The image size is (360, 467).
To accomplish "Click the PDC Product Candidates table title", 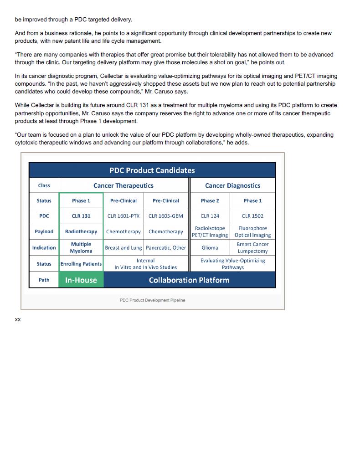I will pos(152,170).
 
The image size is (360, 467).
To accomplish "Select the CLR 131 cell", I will pos(81,216).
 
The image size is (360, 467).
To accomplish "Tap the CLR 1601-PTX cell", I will pos(123,216).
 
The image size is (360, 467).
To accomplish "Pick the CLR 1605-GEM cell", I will pos(166,216).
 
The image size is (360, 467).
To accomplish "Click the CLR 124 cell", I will pos(210,216).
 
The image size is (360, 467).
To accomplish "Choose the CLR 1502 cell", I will pos(252,216).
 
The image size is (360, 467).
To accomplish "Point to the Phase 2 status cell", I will pos(210,200).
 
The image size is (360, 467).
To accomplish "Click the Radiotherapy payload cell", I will pos(81,231).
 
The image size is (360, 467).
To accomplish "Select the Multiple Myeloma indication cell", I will pos(81,247).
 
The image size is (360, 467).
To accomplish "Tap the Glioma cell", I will pos(210,248).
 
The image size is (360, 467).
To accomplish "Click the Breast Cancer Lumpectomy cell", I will pos(252,247).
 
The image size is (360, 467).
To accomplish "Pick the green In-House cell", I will pos(81,280).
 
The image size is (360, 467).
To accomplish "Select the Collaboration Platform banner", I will pos(189,280).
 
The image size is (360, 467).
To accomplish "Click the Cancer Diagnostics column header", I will pos(232,185).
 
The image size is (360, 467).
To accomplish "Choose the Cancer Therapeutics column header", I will pos(123,185).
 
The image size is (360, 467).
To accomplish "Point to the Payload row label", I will pos(44,231).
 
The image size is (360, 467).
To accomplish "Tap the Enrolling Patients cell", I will pos(81,264).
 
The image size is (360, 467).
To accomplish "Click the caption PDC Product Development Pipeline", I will pos(152,300).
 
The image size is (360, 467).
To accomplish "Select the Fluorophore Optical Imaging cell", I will pos(252,231).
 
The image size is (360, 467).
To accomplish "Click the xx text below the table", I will pos(18,319).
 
